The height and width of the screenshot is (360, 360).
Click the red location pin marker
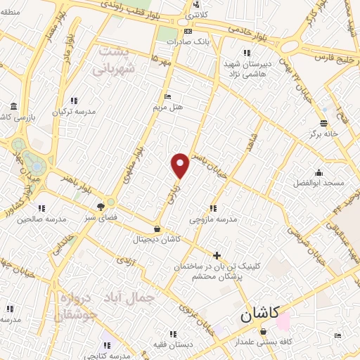pos(181,165)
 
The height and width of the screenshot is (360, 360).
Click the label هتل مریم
pos(168,108)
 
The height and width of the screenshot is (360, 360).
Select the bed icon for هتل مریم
pos(167,97)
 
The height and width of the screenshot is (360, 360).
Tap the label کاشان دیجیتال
pos(156,240)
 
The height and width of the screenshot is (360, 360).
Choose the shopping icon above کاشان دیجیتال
pos(156,229)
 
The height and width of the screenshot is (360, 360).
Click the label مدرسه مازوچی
pos(213,219)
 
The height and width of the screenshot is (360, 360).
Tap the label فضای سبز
pos(101,218)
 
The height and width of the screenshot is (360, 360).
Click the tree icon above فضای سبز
pos(101,207)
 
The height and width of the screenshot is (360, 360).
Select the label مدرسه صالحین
pos(41,219)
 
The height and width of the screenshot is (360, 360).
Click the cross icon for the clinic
pos(217,255)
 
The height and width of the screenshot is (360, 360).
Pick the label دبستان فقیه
pos(157,345)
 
